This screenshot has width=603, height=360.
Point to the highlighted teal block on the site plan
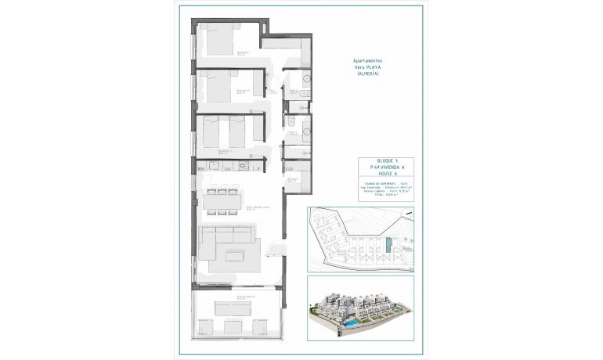[388, 246]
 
